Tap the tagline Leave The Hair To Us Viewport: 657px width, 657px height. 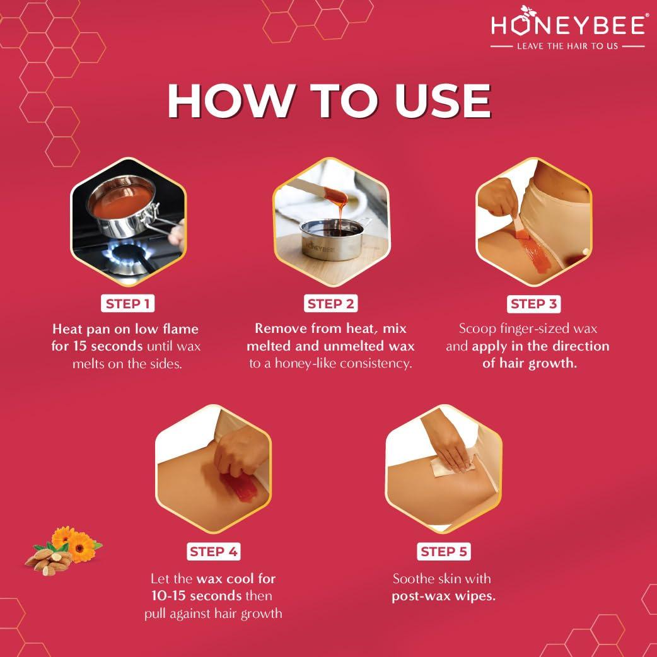[567, 47]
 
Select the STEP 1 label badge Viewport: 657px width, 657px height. [128, 304]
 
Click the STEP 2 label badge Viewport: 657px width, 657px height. [330, 304]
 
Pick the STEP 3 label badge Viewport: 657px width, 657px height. [533, 304]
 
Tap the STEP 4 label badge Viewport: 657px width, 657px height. [214, 552]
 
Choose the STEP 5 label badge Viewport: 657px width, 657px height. [443, 552]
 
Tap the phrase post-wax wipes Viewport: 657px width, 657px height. [443, 596]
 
